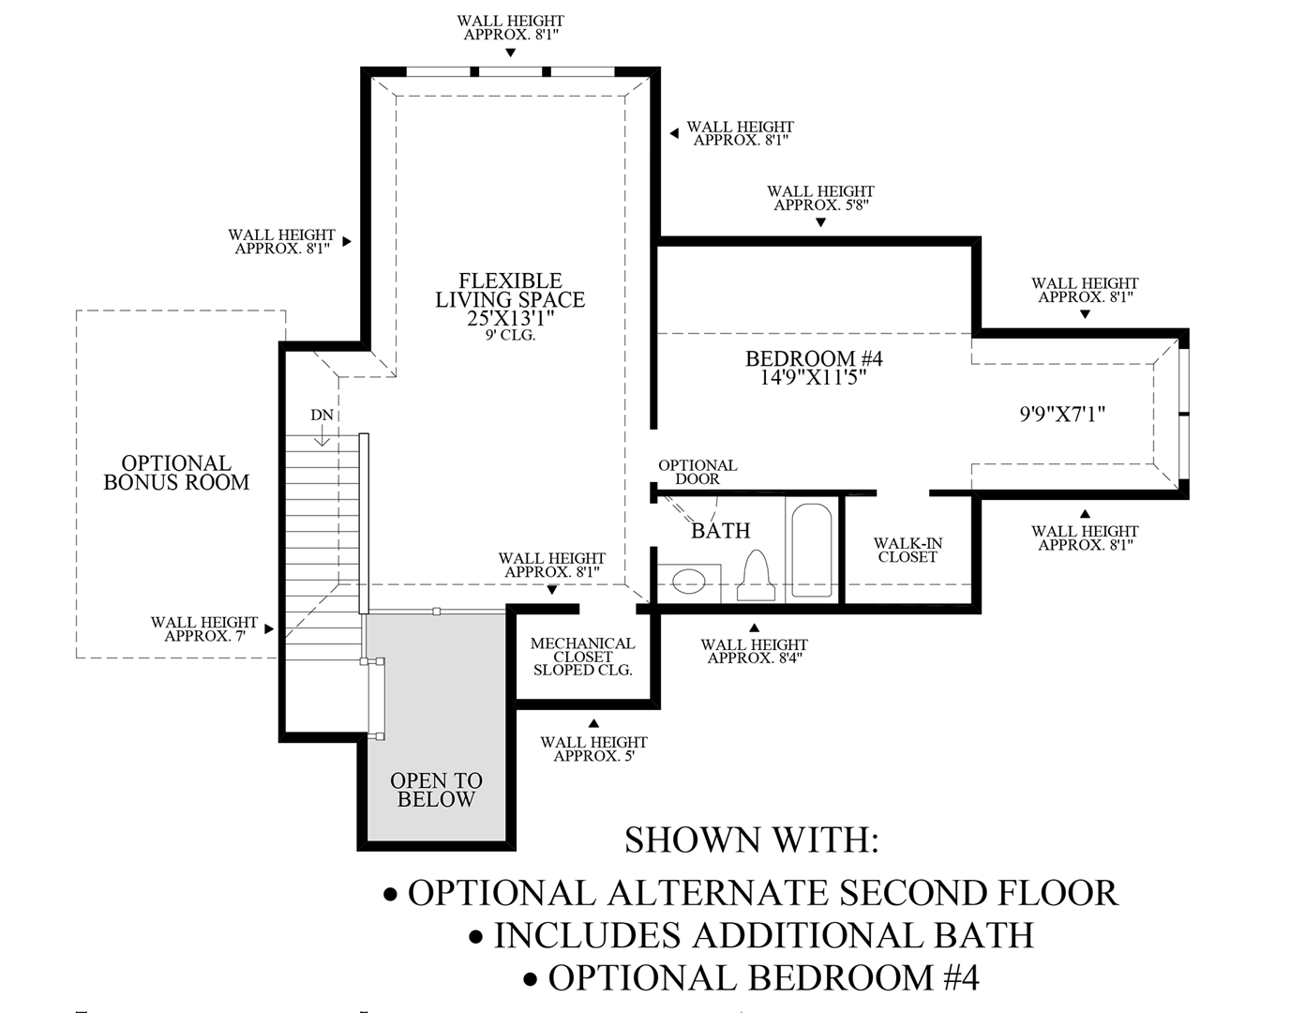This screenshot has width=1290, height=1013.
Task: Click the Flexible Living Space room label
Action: [x=510, y=291]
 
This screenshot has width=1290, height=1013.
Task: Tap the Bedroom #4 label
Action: [x=814, y=358]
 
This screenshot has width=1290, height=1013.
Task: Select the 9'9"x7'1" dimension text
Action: [x=1062, y=414]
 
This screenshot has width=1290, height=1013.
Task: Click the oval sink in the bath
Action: [x=689, y=580]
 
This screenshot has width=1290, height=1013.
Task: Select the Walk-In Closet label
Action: [x=907, y=550]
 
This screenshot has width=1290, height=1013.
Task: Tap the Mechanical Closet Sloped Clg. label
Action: [x=582, y=657]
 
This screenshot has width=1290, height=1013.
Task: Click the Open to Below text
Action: [x=436, y=790]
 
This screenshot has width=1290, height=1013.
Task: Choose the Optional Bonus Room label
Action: [x=176, y=473]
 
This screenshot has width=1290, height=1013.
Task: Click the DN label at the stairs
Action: [x=322, y=416]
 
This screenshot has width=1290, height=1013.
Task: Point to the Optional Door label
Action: [x=697, y=472]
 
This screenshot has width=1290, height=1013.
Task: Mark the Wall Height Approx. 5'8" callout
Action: [x=820, y=198]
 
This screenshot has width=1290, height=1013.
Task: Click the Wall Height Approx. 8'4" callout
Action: [x=754, y=651]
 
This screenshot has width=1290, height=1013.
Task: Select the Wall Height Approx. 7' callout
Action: [x=203, y=628]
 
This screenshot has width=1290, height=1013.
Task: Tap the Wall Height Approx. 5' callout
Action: [x=593, y=748]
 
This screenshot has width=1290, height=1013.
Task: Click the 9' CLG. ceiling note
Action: [x=511, y=335]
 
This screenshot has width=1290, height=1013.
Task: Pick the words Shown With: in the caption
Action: [x=752, y=839]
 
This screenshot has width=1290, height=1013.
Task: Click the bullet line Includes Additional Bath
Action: [x=752, y=935]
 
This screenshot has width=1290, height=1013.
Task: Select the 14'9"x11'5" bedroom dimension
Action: [x=814, y=378]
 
